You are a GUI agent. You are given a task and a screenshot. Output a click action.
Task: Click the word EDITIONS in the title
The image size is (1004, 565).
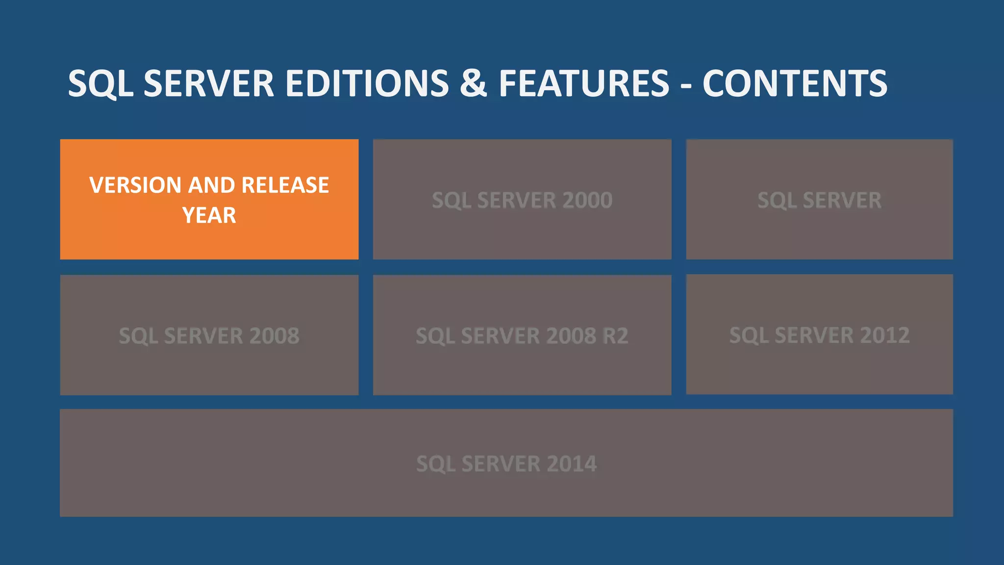(367, 83)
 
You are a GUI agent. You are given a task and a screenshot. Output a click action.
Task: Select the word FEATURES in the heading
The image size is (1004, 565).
(584, 83)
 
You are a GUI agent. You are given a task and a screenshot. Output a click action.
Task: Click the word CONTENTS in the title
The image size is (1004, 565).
(795, 83)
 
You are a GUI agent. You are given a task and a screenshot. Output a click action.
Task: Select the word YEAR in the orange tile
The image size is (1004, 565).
(209, 215)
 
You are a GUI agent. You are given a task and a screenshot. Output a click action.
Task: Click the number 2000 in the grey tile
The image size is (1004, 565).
(587, 200)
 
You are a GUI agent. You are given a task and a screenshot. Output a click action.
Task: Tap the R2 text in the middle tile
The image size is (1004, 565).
(615, 336)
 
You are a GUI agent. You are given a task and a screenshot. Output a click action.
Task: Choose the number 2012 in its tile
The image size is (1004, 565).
(884, 335)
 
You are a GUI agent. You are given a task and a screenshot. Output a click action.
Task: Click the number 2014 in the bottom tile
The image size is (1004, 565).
(571, 464)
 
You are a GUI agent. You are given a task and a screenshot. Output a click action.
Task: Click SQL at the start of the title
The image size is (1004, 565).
(100, 83)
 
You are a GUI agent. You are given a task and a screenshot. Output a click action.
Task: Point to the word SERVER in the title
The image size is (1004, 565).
(208, 83)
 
